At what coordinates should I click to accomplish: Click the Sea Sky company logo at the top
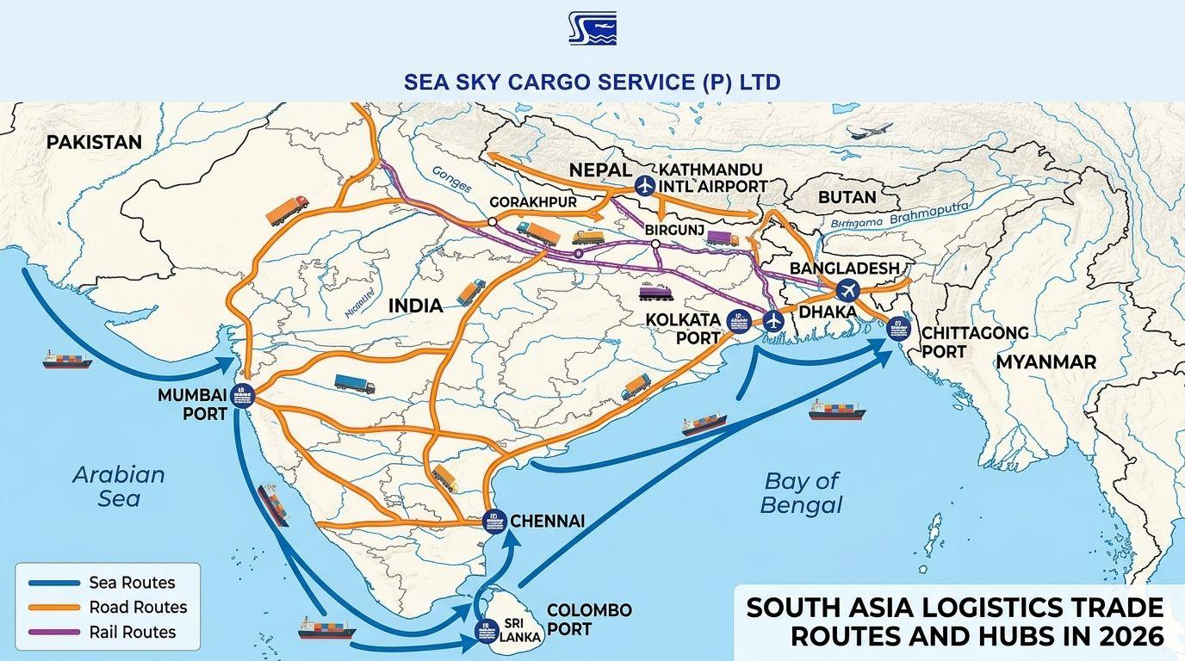point(592,28)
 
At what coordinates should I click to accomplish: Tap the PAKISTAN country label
point(94,142)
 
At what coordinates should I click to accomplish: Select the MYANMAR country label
point(1045,362)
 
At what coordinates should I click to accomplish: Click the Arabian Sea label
point(118,486)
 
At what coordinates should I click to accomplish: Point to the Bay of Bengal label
point(801,493)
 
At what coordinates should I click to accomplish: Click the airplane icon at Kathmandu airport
point(644,185)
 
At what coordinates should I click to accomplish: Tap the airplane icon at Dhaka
point(847,289)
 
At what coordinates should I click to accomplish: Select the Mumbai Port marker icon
point(242,394)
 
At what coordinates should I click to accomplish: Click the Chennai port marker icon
point(493,520)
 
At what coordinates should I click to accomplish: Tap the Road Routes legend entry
point(107,607)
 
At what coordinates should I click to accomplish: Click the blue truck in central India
point(354,384)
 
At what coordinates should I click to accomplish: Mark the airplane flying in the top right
point(869,132)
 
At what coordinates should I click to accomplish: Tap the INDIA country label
point(415,306)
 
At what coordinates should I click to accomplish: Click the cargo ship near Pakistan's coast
point(67,359)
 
